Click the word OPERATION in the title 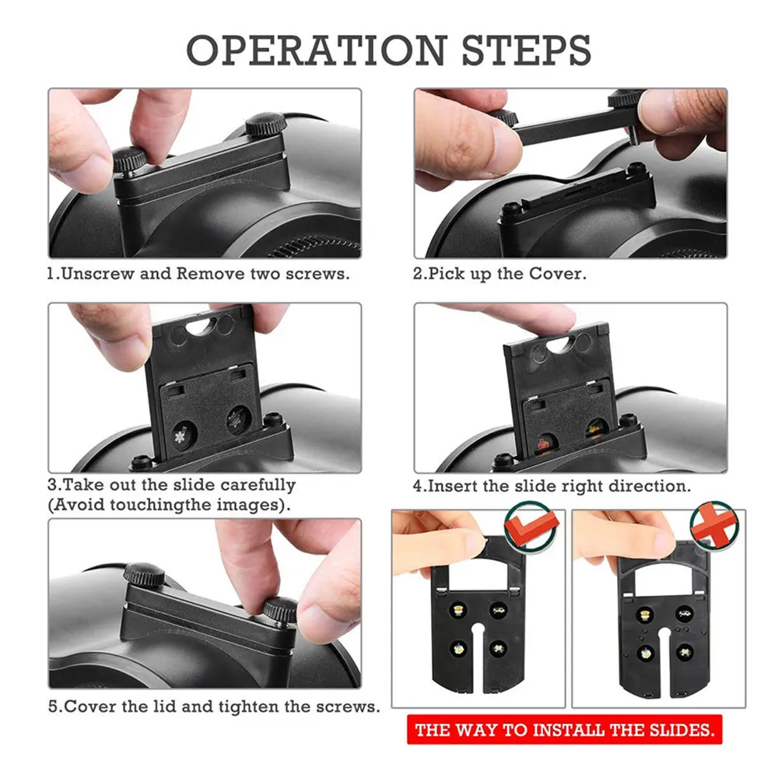click(317, 51)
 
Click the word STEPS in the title click(526, 51)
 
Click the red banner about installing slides click(565, 730)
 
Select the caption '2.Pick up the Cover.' click(499, 274)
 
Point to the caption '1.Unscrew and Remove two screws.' click(198, 273)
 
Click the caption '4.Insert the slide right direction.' click(552, 485)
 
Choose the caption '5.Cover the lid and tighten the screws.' click(214, 706)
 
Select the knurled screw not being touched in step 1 click(266, 124)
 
